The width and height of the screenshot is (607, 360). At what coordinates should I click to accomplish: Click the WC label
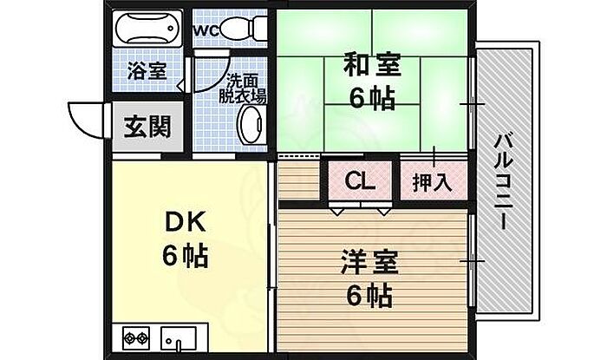206,30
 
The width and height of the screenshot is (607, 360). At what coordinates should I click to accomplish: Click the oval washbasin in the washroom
253,126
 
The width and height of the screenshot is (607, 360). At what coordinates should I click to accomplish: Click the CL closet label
360,182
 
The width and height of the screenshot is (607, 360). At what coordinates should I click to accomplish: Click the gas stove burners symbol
137,337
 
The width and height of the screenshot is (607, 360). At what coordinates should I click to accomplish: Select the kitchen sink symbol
179,336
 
